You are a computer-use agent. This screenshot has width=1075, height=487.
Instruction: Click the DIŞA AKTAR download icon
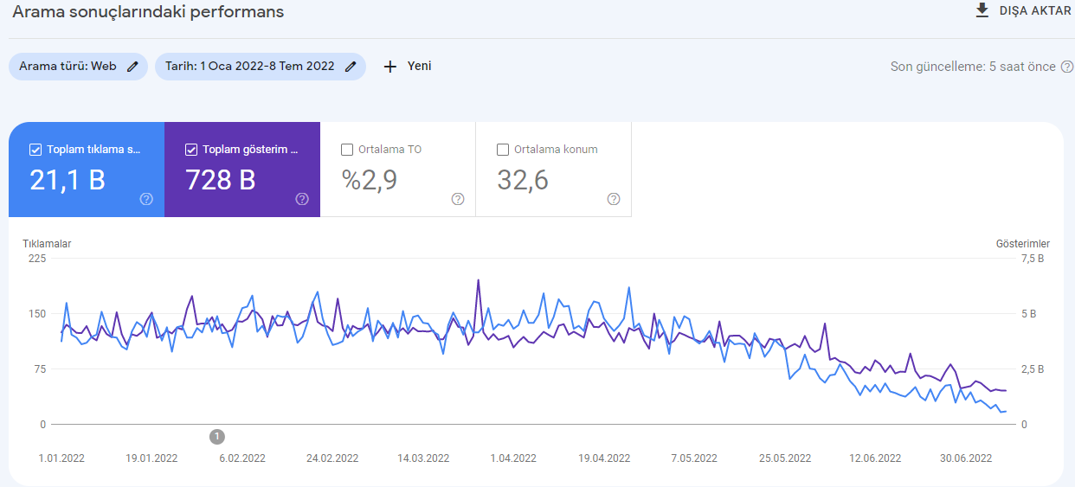982,10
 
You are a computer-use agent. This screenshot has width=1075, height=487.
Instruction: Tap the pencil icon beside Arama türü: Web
132,67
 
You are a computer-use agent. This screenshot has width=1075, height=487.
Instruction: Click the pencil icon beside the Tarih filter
351,67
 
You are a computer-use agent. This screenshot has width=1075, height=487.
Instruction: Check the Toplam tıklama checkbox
35,150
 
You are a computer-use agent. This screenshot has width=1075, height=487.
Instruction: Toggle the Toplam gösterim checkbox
191,150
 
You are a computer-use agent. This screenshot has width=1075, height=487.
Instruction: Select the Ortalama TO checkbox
347,150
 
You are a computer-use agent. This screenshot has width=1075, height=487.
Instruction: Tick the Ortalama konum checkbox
503,150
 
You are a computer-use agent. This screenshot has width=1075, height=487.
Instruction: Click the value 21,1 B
68,181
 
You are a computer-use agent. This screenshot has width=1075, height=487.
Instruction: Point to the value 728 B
220,181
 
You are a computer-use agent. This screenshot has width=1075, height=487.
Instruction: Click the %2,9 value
369,181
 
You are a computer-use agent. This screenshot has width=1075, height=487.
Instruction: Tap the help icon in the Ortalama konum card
614,199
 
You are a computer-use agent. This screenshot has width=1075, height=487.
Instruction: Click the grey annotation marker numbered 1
217,437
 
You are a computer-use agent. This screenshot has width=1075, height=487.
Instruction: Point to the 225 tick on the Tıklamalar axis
37,259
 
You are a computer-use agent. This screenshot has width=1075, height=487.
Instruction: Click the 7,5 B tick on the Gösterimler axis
1033,259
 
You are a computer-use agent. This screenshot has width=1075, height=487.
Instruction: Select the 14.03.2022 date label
423,458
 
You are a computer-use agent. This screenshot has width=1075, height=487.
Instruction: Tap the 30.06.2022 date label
966,458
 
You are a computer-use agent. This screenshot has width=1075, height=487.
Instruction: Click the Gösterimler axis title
1023,244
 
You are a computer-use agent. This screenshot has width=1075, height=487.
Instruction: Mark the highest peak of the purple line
478,280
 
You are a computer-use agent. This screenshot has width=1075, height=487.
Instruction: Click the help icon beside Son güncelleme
1067,67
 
